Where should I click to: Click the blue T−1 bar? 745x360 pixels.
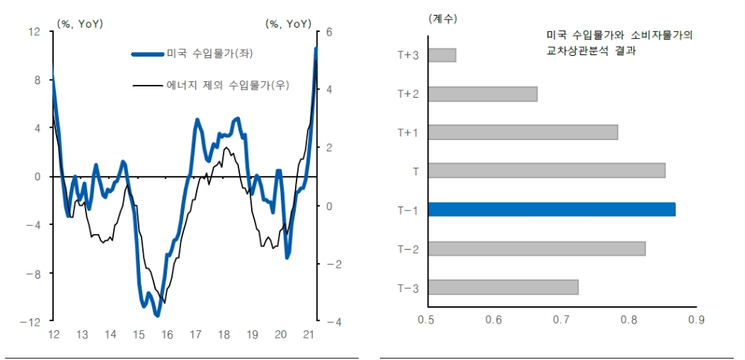(x=551, y=209)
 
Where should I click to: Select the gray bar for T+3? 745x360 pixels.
(x=442, y=55)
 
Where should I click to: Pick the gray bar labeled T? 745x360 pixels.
(x=546, y=171)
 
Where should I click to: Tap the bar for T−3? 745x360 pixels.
(x=503, y=287)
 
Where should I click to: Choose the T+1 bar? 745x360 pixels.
(x=523, y=133)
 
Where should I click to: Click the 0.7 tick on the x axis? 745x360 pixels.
(x=561, y=320)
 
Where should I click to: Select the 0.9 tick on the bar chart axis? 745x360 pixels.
(x=696, y=320)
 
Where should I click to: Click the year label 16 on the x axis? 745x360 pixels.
(x=167, y=335)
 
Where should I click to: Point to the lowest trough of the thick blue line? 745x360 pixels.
(x=156, y=315)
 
